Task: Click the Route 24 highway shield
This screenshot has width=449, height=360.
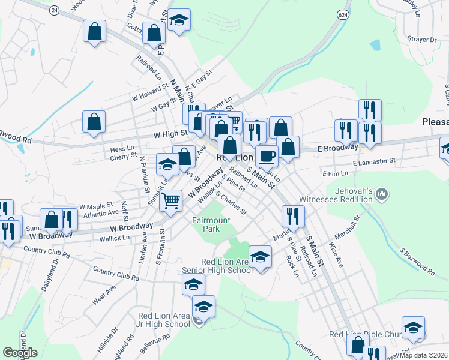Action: (55, 11)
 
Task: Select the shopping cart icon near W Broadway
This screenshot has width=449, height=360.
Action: (172, 201)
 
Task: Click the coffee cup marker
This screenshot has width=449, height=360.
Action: (267, 157)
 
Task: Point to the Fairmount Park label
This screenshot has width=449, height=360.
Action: (211, 224)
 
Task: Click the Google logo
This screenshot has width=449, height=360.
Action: (20, 353)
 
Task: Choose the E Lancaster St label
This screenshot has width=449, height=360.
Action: (374, 161)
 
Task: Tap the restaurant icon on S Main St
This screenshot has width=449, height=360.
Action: (292, 215)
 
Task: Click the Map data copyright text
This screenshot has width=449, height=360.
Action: (424, 355)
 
